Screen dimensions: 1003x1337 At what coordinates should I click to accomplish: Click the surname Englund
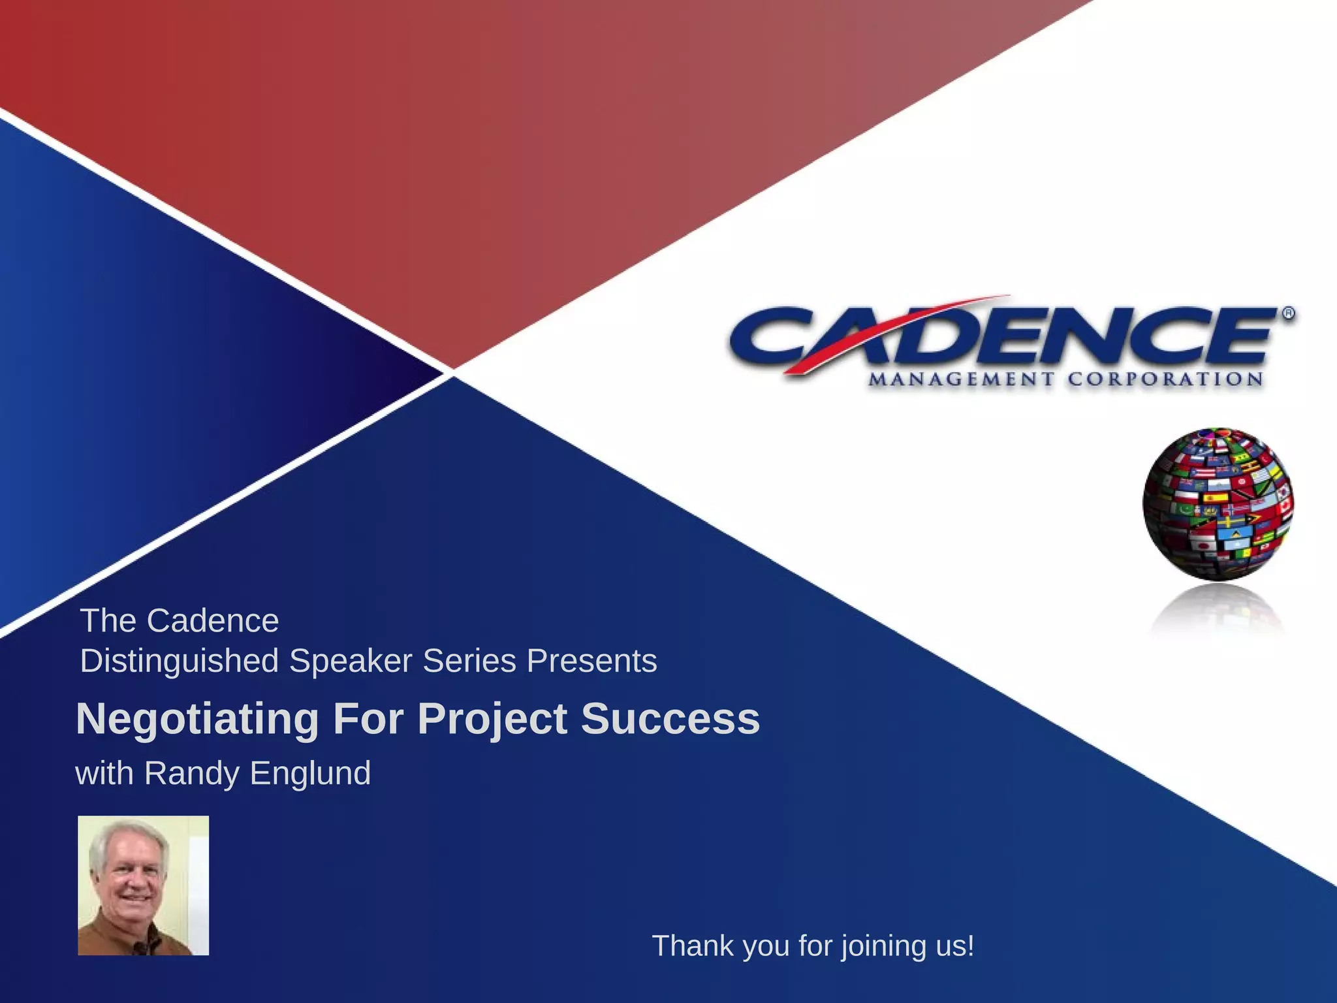tap(310, 773)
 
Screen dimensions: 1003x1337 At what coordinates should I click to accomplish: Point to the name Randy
tap(191, 773)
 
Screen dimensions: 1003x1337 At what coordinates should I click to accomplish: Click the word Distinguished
tap(179, 661)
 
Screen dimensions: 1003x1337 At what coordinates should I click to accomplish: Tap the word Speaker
tap(351, 661)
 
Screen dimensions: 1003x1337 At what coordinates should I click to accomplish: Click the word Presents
tap(591, 660)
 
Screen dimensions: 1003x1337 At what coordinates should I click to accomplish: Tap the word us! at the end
tap(954, 946)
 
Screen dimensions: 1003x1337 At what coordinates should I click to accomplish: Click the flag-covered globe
tap(1218, 503)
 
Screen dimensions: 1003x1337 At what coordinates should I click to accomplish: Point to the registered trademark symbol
tap(1289, 313)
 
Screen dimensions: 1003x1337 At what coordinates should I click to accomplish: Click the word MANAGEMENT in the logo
tap(961, 379)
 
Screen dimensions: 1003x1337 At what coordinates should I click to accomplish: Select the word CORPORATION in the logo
tap(1165, 379)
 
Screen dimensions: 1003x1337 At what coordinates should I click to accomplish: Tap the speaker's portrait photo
tap(144, 885)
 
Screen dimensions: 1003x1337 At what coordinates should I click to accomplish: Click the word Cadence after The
tap(213, 620)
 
